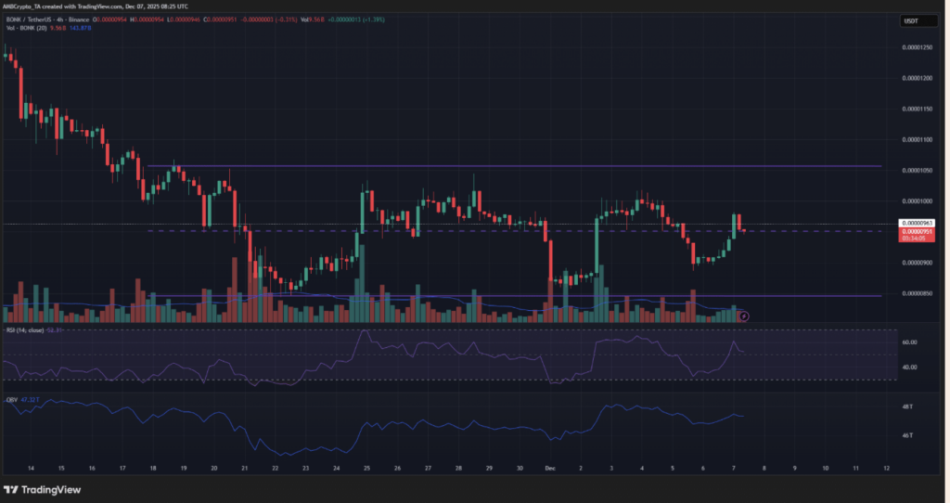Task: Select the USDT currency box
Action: pyautogui.click(x=913, y=20)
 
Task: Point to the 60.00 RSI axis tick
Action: pyautogui.click(x=909, y=342)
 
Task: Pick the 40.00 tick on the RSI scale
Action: pyautogui.click(x=909, y=368)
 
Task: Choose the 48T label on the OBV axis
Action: pyautogui.click(x=906, y=406)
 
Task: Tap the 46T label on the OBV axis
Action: pyautogui.click(x=906, y=434)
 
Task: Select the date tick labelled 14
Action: pyautogui.click(x=31, y=469)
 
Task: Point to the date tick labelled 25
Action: pyautogui.click(x=366, y=469)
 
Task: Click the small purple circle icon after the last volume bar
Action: pyautogui.click(x=744, y=316)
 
